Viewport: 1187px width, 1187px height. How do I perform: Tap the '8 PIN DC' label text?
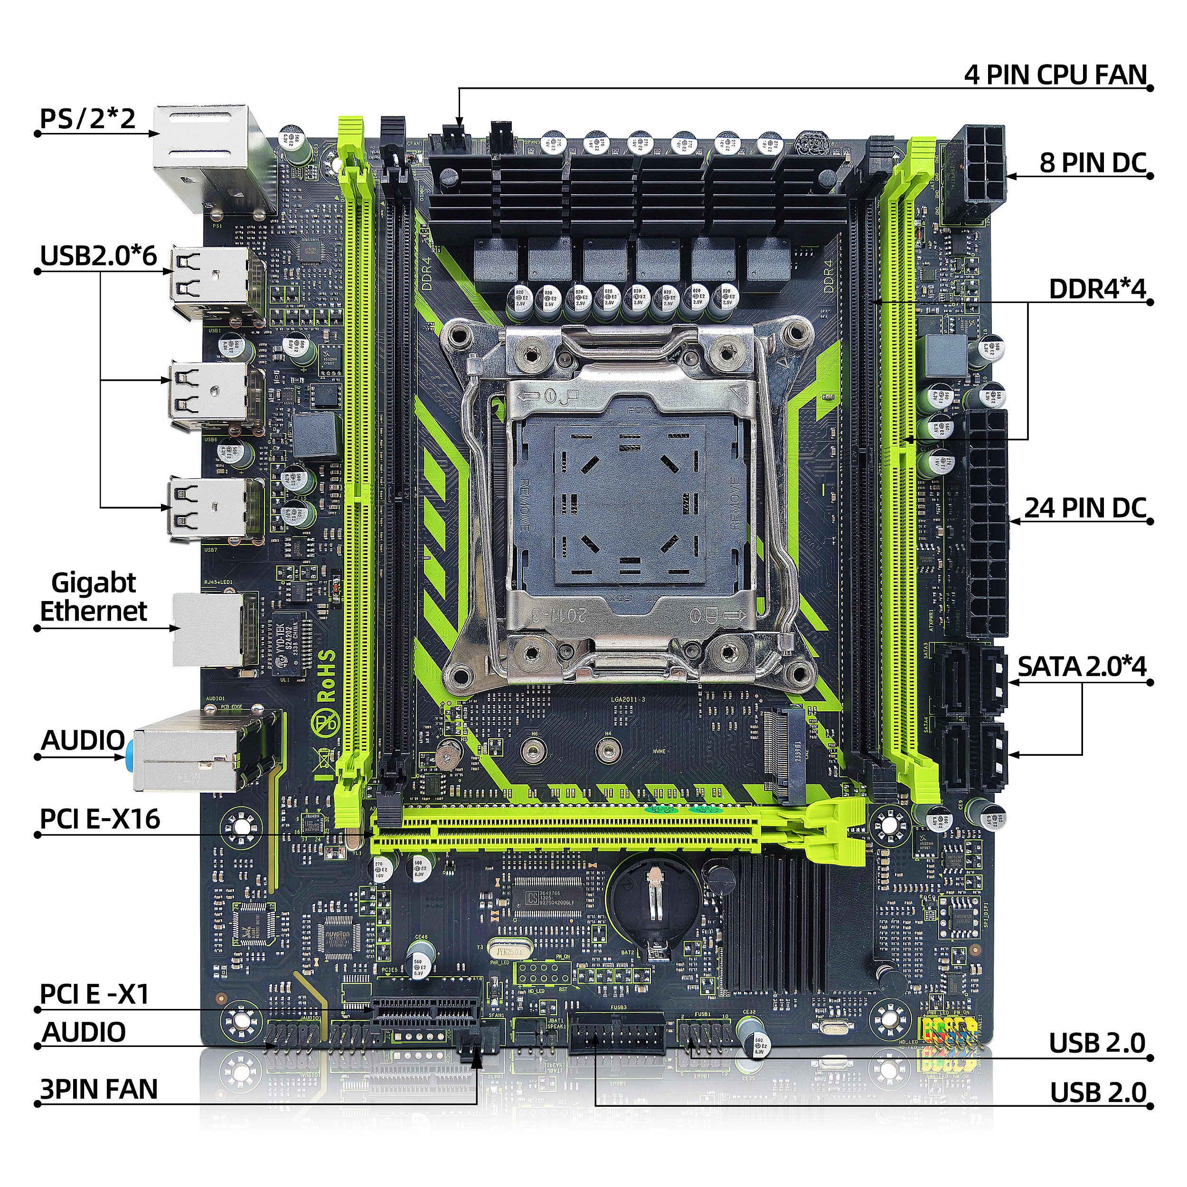click(1093, 163)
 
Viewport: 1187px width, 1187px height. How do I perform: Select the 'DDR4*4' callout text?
click(1097, 289)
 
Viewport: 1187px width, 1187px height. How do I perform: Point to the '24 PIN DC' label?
click(1085, 508)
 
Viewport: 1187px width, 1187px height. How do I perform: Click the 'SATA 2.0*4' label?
click(1081, 667)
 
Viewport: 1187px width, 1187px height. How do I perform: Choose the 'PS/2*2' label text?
click(87, 119)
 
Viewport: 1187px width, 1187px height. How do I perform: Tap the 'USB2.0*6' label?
click(98, 255)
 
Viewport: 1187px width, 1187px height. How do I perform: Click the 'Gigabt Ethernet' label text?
click(94, 597)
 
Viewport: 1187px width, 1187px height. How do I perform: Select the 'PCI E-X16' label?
click(100, 819)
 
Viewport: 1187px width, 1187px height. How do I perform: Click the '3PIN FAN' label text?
click(99, 1089)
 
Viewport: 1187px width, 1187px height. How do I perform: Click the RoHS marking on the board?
click(326, 676)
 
